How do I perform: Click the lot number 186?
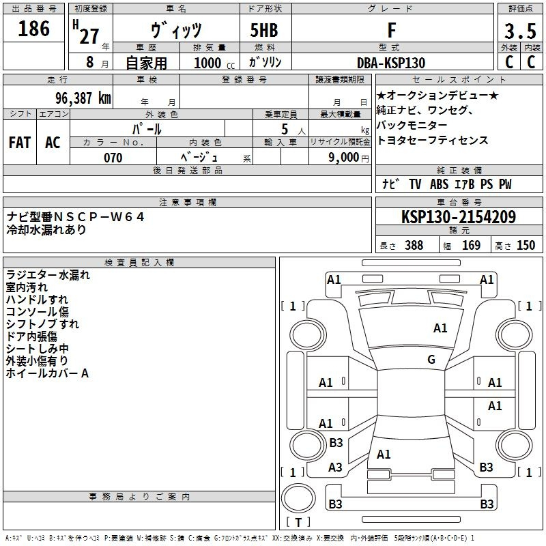[x=33, y=28]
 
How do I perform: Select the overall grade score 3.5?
[x=520, y=31]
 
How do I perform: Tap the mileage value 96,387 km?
[x=83, y=98]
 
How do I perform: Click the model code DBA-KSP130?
[x=391, y=63]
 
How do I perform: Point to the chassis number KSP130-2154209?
[x=459, y=217]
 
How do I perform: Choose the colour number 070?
[x=113, y=158]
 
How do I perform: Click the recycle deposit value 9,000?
[x=344, y=157]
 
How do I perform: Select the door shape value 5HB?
[x=264, y=30]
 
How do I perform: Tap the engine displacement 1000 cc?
[x=214, y=63]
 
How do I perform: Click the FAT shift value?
[x=20, y=143]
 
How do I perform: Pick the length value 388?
[x=414, y=245]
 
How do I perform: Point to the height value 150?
[x=526, y=245]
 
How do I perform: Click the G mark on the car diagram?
[x=431, y=360]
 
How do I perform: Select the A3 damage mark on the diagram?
[x=335, y=467]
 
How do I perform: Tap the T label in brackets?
[x=298, y=522]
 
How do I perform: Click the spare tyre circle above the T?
[x=298, y=498]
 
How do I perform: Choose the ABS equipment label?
[x=439, y=184]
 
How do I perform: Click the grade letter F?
[x=392, y=30]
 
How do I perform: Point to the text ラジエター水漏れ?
[x=48, y=275]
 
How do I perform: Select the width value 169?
[x=471, y=245]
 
